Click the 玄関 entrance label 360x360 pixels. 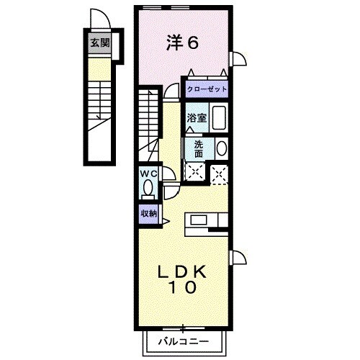pyautogui.click(x=99, y=42)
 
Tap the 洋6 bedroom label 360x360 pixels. pyautogui.click(x=183, y=42)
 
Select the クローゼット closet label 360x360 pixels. pyautogui.click(x=207, y=89)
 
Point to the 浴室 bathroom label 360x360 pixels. pyautogui.click(x=197, y=117)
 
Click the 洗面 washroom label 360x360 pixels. pyautogui.click(x=198, y=148)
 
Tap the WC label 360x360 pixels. pyautogui.click(x=148, y=174)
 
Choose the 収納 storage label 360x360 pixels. pyautogui.click(x=148, y=213)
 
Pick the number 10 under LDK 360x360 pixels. pyautogui.click(x=184, y=287)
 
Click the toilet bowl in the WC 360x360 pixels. pyautogui.click(x=148, y=189)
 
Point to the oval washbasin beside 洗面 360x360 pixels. pyautogui.click(x=221, y=148)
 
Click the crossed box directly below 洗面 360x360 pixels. pyautogui.click(x=195, y=172)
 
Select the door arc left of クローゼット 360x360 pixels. pyautogui.click(x=171, y=90)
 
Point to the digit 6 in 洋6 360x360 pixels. pyautogui.click(x=194, y=42)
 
